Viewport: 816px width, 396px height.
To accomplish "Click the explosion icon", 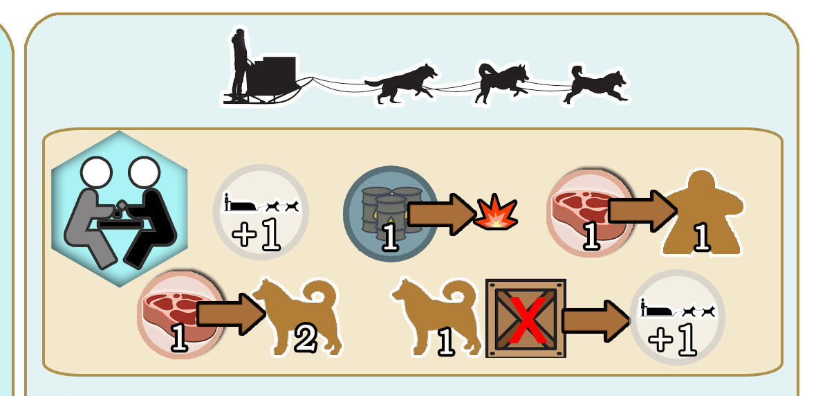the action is tap(495, 212).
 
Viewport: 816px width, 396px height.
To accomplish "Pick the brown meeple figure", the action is tap(703, 214).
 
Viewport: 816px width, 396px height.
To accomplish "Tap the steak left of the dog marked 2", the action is tap(180, 313).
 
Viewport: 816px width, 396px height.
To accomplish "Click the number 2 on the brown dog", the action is tap(306, 340).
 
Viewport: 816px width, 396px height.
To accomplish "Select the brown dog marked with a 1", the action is tap(436, 317).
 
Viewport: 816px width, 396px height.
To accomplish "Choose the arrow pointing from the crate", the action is tap(597, 320).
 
